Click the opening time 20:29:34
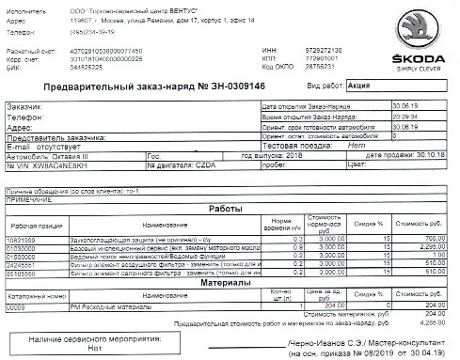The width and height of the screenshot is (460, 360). pos(394,117)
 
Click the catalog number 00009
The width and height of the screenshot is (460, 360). pos(15,306)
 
